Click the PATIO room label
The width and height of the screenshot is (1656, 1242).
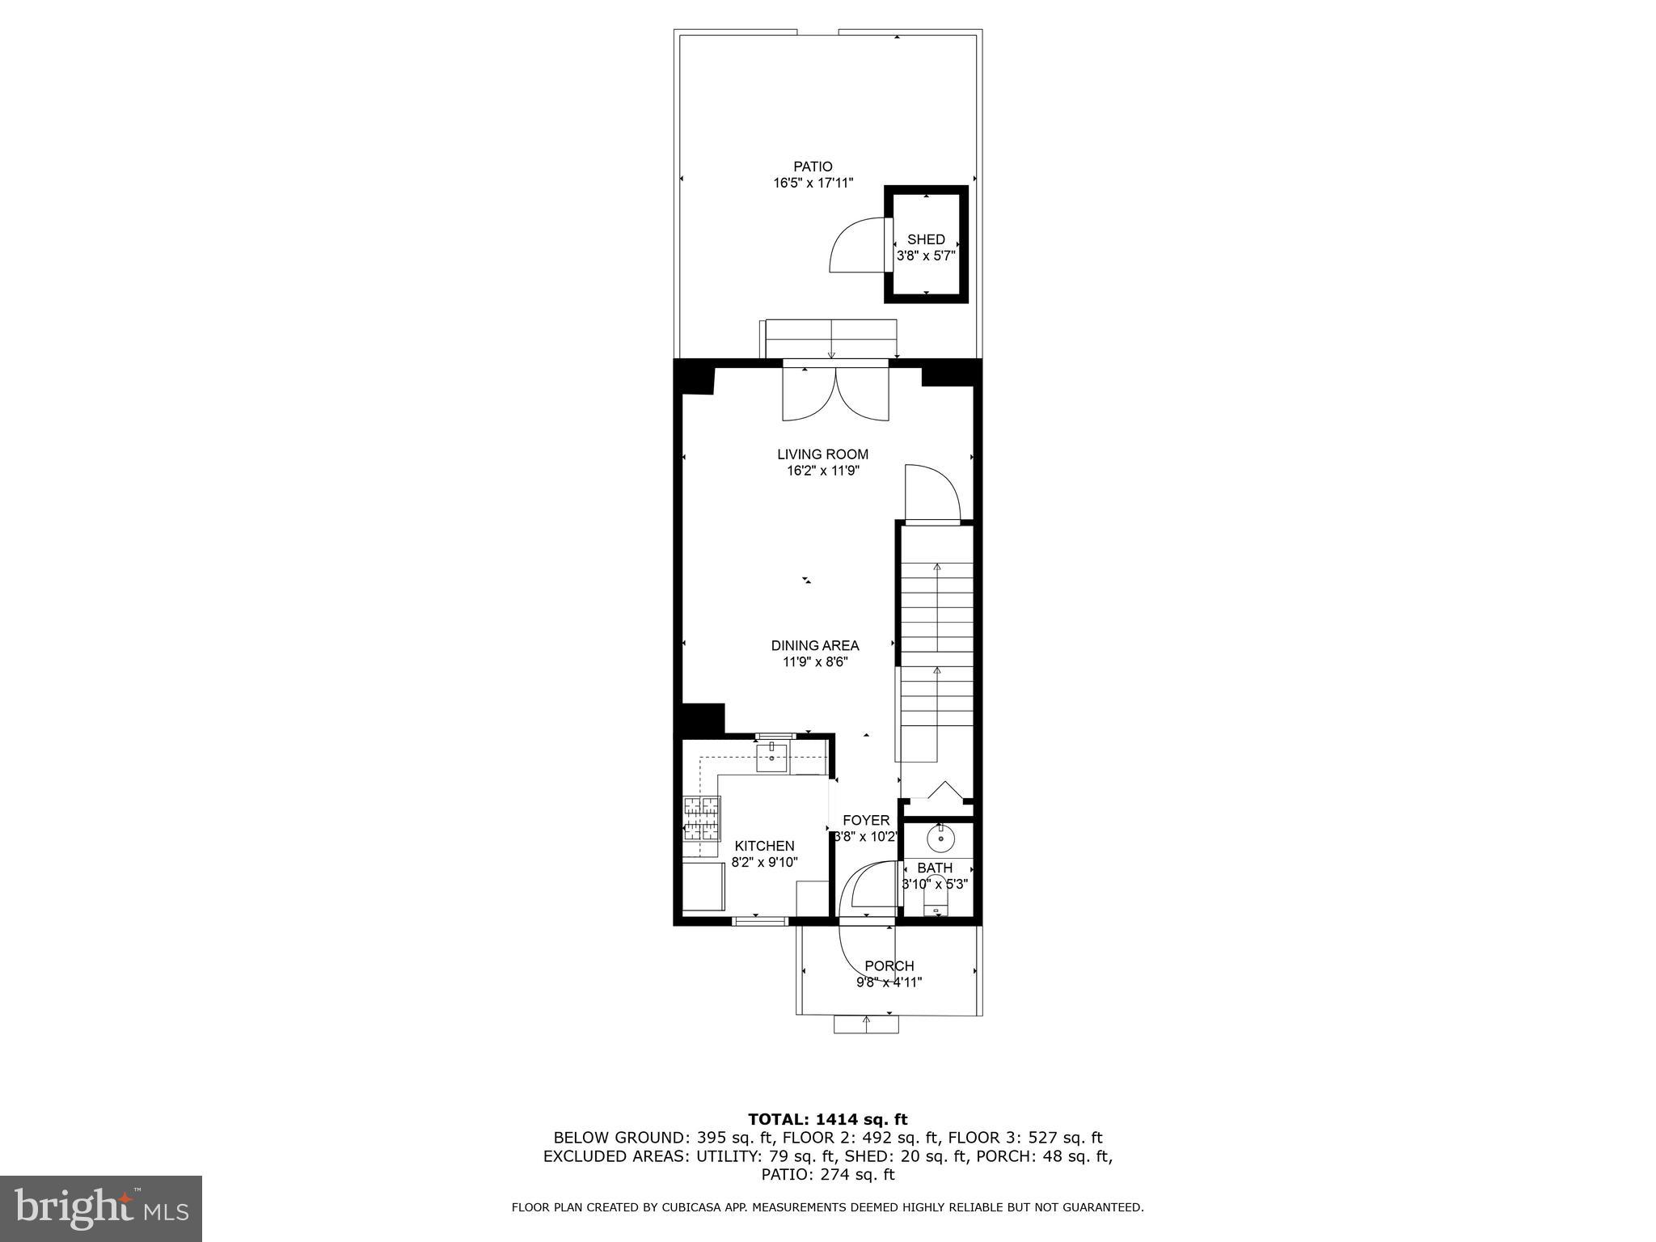pyautogui.click(x=813, y=167)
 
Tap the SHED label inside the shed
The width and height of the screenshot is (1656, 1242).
pyautogui.click(x=926, y=239)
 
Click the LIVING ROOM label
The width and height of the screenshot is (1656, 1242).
pyautogui.click(x=822, y=454)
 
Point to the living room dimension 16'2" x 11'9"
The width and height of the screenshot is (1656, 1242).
pyautogui.click(x=822, y=471)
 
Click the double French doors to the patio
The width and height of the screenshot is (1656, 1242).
pyautogui.click(x=835, y=393)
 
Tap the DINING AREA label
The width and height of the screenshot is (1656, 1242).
pyautogui.click(x=814, y=645)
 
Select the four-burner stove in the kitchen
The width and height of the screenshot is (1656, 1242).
pyautogui.click(x=702, y=817)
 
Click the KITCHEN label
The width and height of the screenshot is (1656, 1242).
pyautogui.click(x=764, y=846)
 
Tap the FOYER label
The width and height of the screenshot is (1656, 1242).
pyautogui.click(x=866, y=820)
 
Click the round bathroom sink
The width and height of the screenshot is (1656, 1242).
pyautogui.click(x=940, y=839)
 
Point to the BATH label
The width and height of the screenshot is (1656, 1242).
pyautogui.click(x=935, y=868)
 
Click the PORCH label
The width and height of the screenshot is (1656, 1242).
pyautogui.click(x=889, y=965)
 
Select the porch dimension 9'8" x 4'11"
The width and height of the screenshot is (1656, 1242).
pyautogui.click(x=889, y=982)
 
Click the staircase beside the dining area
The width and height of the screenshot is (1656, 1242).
pyautogui.click(x=937, y=647)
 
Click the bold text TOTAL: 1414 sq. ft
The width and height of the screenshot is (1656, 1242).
pyautogui.click(x=827, y=1119)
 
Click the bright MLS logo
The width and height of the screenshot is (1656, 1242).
pyautogui.click(x=101, y=1209)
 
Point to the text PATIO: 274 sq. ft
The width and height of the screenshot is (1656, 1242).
pyautogui.click(x=827, y=1174)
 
